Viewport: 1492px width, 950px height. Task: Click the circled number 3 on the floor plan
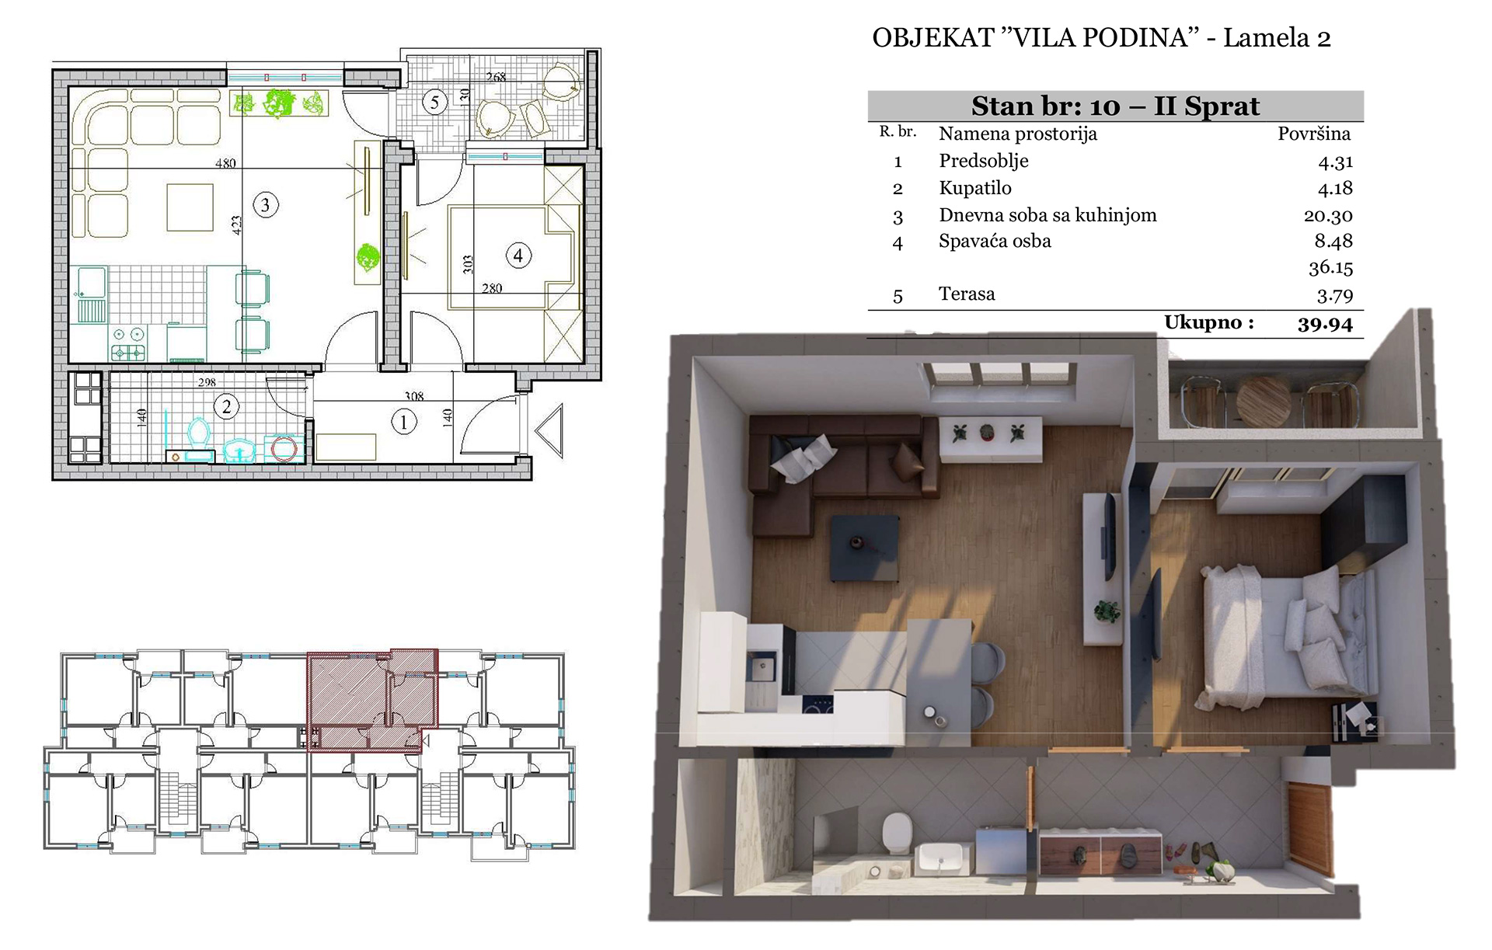266,205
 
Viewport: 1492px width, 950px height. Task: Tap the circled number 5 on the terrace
434,102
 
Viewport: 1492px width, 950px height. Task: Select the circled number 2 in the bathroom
226,406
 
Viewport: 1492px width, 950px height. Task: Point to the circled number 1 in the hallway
403,423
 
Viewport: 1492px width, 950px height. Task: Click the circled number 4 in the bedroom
518,255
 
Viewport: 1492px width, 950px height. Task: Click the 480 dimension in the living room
225,163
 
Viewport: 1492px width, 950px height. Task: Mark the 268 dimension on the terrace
496,77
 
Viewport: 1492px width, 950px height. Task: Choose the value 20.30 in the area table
1328,215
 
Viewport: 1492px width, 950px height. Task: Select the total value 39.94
1325,324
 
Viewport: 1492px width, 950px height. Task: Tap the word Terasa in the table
967,294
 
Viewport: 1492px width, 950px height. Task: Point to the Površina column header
1314,134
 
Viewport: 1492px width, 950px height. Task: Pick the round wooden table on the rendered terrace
1263,401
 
